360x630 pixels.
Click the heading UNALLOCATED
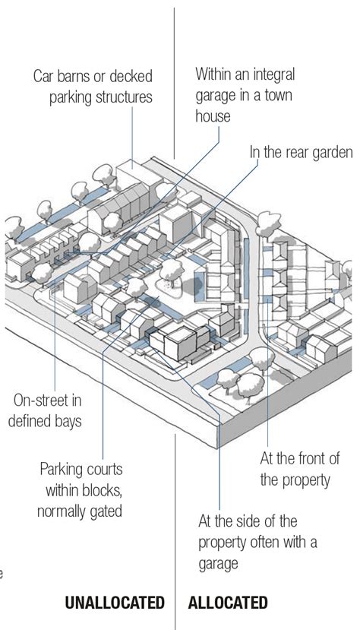(x=115, y=603)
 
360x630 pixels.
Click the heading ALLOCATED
(x=228, y=603)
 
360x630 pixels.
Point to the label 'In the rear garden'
(x=301, y=152)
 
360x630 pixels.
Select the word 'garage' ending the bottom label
(x=218, y=564)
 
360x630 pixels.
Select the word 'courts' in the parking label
(x=106, y=470)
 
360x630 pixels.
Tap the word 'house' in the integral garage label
(x=213, y=116)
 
